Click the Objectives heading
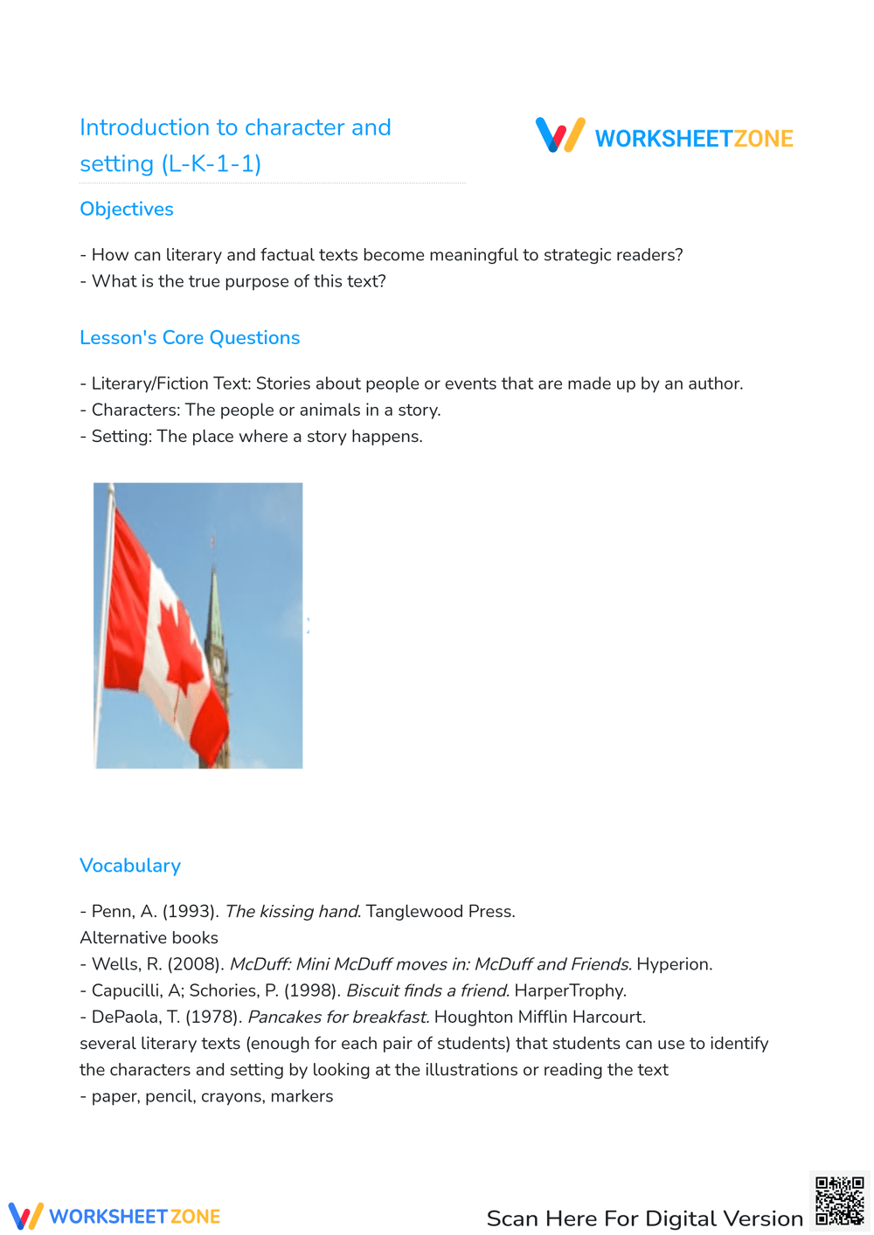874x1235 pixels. [x=127, y=210]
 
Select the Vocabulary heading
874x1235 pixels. [x=130, y=866]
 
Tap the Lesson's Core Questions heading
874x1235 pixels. [x=190, y=338]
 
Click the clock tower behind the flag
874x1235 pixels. [x=216, y=646]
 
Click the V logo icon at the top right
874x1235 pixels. [x=559, y=135]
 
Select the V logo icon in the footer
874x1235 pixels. [x=25, y=1216]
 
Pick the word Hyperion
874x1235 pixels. [x=674, y=964]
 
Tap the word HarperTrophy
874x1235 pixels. [x=570, y=990]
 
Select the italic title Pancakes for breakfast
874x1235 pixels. [x=338, y=1017]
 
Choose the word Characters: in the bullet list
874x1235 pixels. [x=135, y=411]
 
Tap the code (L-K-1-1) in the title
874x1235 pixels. [x=212, y=164]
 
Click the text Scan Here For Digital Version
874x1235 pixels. [x=644, y=1218]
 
